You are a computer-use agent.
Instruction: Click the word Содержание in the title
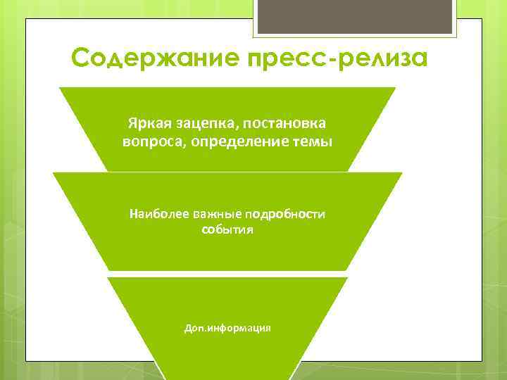coord(146,58)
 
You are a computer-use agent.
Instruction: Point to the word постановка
coord(284,123)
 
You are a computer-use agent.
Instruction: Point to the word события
coord(227,229)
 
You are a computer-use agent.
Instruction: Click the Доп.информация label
coord(227,328)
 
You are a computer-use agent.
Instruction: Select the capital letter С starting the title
coord(81,58)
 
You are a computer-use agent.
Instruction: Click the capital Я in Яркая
coord(132,123)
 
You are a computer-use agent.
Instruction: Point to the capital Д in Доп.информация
coord(187,328)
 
